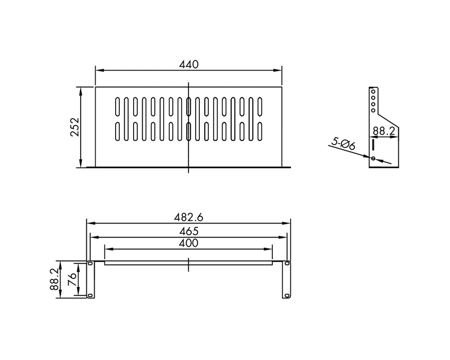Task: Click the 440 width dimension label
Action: [189, 64]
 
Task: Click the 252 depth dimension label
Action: [75, 127]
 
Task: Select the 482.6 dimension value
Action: [189, 217]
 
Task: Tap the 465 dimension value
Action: [189, 231]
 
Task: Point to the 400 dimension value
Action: [189, 243]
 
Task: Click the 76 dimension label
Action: [72, 279]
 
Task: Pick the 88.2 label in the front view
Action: [54, 279]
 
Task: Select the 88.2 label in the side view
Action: [384, 131]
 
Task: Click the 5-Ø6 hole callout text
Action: [343, 144]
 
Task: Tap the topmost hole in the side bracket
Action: [373, 92]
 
